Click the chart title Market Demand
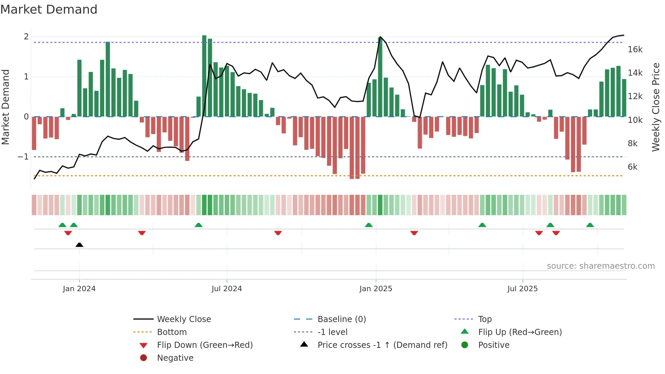click(x=49, y=10)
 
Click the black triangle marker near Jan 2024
click(x=79, y=245)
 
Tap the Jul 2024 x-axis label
click(x=227, y=289)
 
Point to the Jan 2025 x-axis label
click(x=376, y=289)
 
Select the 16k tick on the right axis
click(x=635, y=50)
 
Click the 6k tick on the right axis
click(x=632, y=167)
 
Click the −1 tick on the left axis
click(x=23, y=157)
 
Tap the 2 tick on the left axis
click(x=26, y=37)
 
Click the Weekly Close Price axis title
click(x=656, y=107)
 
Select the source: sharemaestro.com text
click(x=601, y=266)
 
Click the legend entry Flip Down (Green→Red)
click(x=205, y=345)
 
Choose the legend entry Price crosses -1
click(x=382, y=345)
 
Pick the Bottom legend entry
click(x=172, y=332)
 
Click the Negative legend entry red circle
click(x=144, y=358)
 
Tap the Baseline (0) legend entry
click(x=341, y=319)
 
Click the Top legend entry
click(x=485, y=319)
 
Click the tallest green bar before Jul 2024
click(x=204, y=76)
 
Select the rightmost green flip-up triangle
click(x=590, y=225)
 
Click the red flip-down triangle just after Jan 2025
click(x=414, y=233)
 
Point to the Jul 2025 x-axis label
click(x=522, y=289)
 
